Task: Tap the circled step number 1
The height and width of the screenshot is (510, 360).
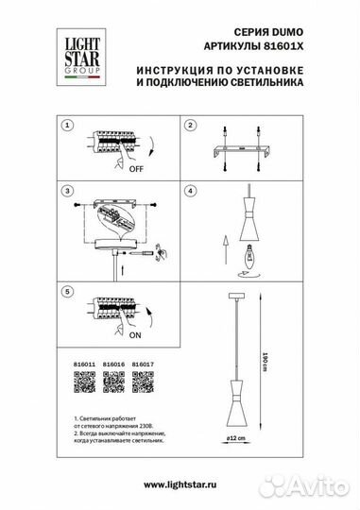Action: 66,126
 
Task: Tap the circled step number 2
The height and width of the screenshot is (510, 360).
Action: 189,126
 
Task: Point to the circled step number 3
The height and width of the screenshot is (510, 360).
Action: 66,191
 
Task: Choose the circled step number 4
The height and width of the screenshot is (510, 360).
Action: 189,191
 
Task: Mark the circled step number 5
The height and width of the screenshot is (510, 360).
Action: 66,293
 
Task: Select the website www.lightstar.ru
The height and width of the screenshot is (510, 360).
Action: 180,484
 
